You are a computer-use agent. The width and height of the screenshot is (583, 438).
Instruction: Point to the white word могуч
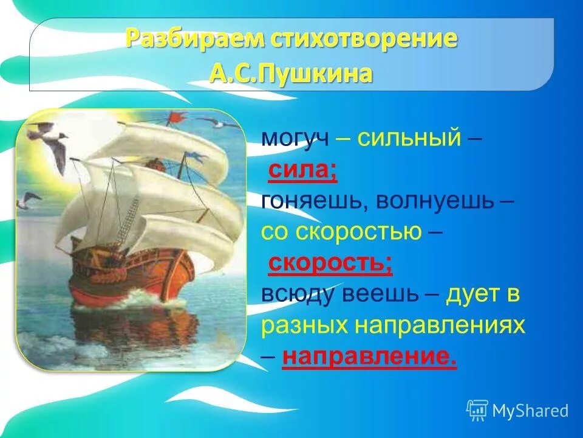pyautogui.click(x=295, y=139)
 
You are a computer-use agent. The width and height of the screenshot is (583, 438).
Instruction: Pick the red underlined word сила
pyautogui.click(x=302, y=171)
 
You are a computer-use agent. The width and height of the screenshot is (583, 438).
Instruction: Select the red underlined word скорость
pyautogui.click(x=330, y=263)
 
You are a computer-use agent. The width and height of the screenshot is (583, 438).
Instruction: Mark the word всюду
pyautogui.click(x=298, y=295)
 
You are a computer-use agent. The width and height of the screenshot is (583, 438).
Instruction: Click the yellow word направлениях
pyautogui.click(x=440, y=327)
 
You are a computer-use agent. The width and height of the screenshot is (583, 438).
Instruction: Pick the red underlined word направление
pyautogui.click(x=369, y=358)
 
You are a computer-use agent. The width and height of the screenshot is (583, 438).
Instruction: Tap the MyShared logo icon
pyautogui.click(x=477, y=410)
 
